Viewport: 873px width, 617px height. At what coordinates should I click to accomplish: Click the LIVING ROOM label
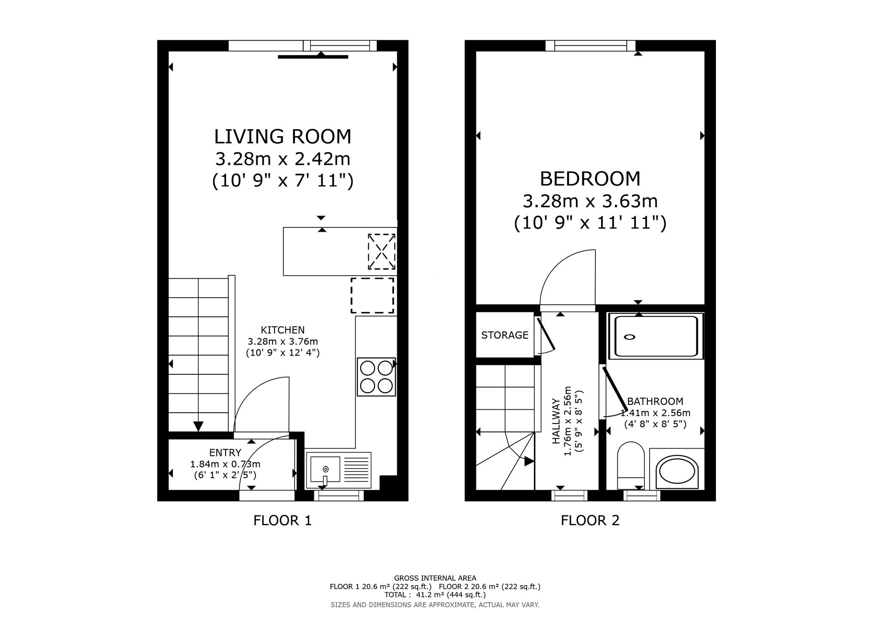[282, 137]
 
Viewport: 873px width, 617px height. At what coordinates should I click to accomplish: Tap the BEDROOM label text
[590, 179]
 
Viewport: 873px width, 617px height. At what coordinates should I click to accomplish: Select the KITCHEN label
[282, 330]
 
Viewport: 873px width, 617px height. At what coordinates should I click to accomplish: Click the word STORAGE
[505, 335]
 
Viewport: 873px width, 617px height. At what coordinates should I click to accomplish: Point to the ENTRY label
[225, 453]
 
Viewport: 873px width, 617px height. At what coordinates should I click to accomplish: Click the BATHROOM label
[655, 401]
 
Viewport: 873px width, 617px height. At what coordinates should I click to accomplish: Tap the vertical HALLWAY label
[556, 421]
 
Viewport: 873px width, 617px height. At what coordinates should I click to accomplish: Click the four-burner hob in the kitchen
[376, 377]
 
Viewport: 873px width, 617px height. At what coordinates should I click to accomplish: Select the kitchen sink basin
[324, 470]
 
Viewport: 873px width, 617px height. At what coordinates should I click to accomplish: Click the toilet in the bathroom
[631, 466]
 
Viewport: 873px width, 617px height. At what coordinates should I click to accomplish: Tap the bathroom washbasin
[677, 472]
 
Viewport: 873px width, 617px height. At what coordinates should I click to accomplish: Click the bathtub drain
[629, 337]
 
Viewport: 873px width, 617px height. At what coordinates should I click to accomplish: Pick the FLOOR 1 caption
[282, 521]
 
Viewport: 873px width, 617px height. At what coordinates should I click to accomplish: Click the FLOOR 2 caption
[590, 521]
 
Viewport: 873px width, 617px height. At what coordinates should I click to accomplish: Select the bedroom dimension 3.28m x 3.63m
[590, 201]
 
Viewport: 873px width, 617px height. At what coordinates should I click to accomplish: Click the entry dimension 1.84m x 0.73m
[225, 464]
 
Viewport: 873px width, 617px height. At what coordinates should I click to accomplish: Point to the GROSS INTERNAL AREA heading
[435, 578]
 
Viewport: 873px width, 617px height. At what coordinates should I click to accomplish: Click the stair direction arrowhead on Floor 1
[198, 426]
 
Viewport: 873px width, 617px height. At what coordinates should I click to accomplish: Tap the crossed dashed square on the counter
[382, 252]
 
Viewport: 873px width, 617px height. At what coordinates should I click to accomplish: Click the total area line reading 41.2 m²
[435, 595]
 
